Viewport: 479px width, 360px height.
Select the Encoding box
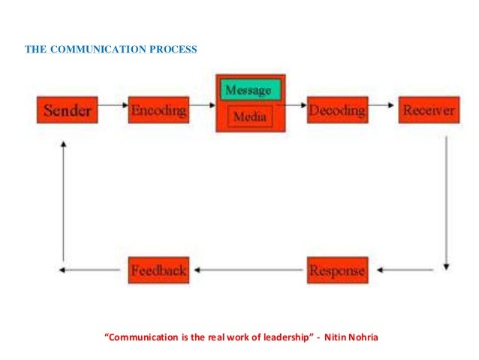(x=158, y=110)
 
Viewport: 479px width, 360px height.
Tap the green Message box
(x=250, y=90)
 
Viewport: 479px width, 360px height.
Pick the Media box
(x=250, y=116)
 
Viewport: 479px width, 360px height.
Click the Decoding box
(x=337, y=110)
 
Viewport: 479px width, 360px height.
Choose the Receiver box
(x=427, y=110)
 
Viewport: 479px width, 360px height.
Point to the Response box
(x=336, y=269)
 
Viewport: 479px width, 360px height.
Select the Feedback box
(x=158, y=269)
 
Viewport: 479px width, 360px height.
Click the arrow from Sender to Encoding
(x=113, y=106)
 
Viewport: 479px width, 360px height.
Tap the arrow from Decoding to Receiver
(x=381, y=105)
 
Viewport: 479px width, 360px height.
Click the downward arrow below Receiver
(x=447, y=203)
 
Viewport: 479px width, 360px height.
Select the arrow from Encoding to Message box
(x=201, y=106)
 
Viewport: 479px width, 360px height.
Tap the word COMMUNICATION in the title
(x=92, y=50)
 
